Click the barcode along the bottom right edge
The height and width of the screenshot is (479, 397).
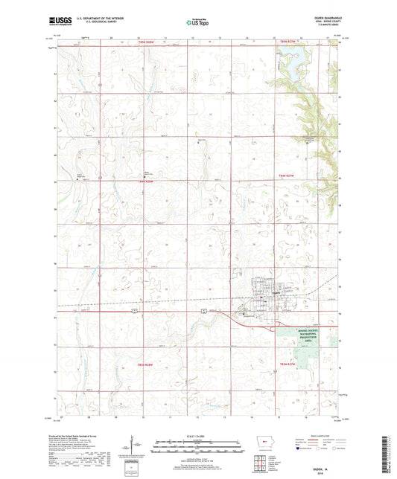tap(390, 446)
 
